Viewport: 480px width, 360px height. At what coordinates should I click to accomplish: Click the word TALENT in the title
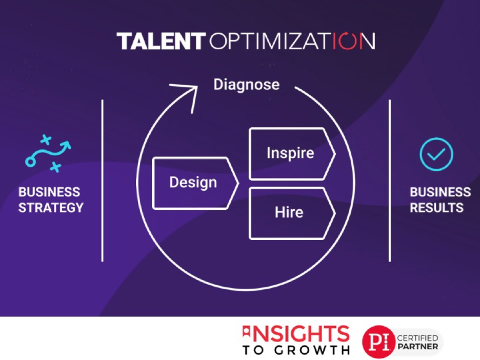[161, 41]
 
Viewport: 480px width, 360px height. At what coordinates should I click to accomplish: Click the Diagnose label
[247, 85]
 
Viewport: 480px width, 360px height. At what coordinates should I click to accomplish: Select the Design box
[195, 183]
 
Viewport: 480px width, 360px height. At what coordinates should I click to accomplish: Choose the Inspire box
[292, 154]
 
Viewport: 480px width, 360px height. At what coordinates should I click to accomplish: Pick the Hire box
[292, 213]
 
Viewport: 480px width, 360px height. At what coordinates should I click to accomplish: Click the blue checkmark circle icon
[436, 154]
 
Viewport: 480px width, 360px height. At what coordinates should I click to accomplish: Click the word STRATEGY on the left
[51, 208]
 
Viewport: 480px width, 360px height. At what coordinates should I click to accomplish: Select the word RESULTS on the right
[436, 208]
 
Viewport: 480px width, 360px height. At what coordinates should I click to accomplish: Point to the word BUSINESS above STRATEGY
[49, 192]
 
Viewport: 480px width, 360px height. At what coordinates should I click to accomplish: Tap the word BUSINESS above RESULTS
[440, 192]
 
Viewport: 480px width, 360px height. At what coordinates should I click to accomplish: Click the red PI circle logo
[378, 342]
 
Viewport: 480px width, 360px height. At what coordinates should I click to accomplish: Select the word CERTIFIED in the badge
[417, 338]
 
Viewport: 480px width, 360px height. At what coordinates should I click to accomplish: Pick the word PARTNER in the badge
[417, 347]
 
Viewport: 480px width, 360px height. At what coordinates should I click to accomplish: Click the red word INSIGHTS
[296, 334]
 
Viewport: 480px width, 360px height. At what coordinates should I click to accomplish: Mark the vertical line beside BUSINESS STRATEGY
[102, 181]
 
